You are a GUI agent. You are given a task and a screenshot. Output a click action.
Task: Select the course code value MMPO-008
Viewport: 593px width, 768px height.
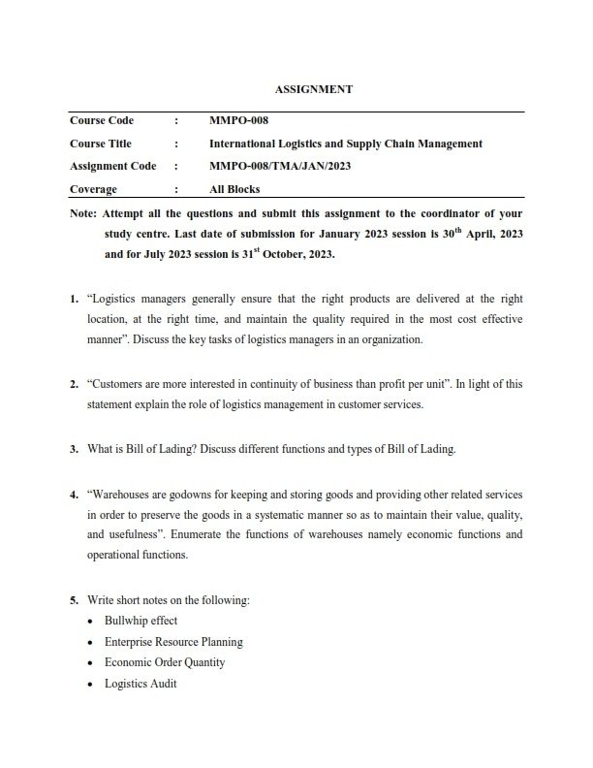(238, 121)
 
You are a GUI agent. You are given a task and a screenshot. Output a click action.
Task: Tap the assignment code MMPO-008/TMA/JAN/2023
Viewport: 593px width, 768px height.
(279, 167)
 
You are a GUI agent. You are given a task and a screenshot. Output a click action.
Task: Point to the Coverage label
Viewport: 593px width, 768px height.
(93, 190)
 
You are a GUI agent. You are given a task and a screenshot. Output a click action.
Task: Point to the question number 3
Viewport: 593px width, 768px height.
(74, 449)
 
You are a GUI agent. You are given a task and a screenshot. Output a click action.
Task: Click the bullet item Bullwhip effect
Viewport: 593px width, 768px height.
(140, 621)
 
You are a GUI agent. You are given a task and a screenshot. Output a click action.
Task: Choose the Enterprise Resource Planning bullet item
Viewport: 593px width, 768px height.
(173, 642)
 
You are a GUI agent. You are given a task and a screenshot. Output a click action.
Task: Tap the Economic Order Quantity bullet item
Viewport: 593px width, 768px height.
(165, 662)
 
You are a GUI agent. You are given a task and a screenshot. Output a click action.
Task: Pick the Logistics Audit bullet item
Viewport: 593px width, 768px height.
(140, 684)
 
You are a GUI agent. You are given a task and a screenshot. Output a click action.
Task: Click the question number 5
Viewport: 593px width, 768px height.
(74, 599)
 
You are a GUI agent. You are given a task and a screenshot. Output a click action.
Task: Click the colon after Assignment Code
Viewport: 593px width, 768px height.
(176, 167)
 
